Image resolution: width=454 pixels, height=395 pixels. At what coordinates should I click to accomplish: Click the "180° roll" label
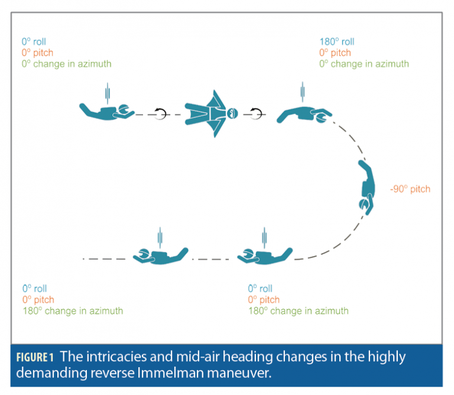coord(337,42)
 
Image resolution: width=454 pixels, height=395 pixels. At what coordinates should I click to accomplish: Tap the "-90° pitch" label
coord(410,189)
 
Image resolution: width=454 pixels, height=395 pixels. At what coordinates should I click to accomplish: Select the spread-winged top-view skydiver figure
coord(212,114)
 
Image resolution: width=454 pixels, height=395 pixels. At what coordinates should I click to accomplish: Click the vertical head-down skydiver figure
coord(367,187)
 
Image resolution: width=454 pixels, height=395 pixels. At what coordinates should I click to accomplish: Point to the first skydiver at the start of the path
coord(107,112)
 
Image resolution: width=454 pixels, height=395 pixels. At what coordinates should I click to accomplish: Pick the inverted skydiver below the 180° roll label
coord(304,115)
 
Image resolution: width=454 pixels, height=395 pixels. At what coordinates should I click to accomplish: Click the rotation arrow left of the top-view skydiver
coord(160,114)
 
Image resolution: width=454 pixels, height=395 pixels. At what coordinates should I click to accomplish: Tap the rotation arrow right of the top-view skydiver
coord(256,114)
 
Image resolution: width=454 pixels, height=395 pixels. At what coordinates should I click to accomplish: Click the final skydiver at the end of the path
coord(161,256)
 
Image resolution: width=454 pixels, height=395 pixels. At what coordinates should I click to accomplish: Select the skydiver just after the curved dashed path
coord(265,256)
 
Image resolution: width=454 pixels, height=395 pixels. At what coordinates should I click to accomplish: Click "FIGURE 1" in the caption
coord(35,357)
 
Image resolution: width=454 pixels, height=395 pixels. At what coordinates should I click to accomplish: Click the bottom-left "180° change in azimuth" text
coord(73,311)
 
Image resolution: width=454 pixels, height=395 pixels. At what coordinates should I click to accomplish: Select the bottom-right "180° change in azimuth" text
coord(299,311)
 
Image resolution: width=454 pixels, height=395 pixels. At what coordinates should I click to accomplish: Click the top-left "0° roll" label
coord(34,42)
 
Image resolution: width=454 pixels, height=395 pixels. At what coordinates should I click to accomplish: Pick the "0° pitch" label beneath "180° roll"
coord(335,53)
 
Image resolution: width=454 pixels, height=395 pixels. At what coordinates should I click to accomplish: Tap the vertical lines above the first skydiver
coord(108,93)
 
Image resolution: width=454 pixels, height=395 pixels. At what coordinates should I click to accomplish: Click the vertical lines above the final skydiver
coord(160,238)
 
